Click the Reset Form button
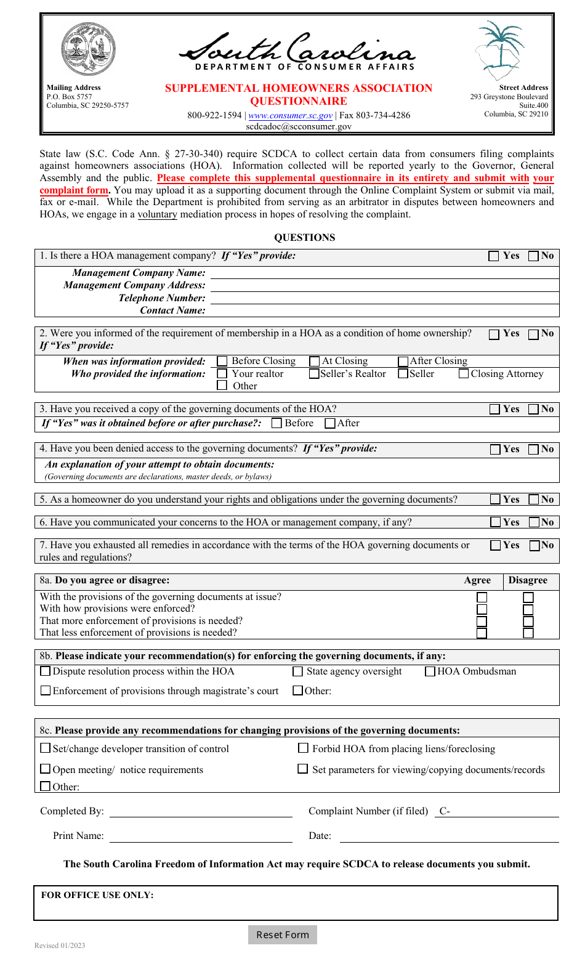pos(283,934)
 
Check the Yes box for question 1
pos(494,256)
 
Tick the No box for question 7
pos(535,545)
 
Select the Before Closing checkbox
pos(222,362)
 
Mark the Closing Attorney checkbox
pos(464,374)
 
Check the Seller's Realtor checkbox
pos(314,374)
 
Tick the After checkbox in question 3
pos(330,423)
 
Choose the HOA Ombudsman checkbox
pos(430,671)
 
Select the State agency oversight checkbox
pos(298,671)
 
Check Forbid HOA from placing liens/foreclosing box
pos(303,748)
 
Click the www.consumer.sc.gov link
pos(290,115)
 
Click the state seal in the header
pos(88,49)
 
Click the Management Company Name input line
pos(384,272)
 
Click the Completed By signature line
pos(201,811)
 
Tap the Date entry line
pos(449,836)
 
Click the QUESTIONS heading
pos(304,238)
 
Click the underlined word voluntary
pos(157,214)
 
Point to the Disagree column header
pos(528,580)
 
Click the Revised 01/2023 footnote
pos(60,946)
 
